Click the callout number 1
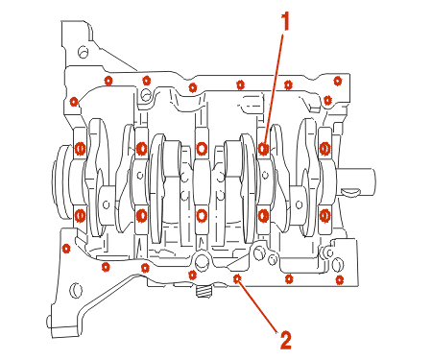pos(285,21)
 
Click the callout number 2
pos(286,340)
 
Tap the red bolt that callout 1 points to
pos(264,149)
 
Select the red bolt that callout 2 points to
pos(237,278)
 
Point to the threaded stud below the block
pos(204,292)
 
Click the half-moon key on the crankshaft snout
pos(351,192)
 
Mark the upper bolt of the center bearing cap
pos(202,149)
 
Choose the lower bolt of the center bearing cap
pos(202,216)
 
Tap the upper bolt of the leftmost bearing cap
pos(80,149)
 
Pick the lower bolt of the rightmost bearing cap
pos(324,216)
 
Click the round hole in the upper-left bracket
pos(83,52)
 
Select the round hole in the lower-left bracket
pos(76,290)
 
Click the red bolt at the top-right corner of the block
pos(337,81)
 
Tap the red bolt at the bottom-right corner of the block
pos(340,280)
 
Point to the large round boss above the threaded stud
pos(202,260)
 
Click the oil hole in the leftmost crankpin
pos(107,204)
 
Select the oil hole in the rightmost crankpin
pos(300,204)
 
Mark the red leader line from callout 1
pos(274,90)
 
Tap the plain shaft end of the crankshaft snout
pos(357,180)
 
